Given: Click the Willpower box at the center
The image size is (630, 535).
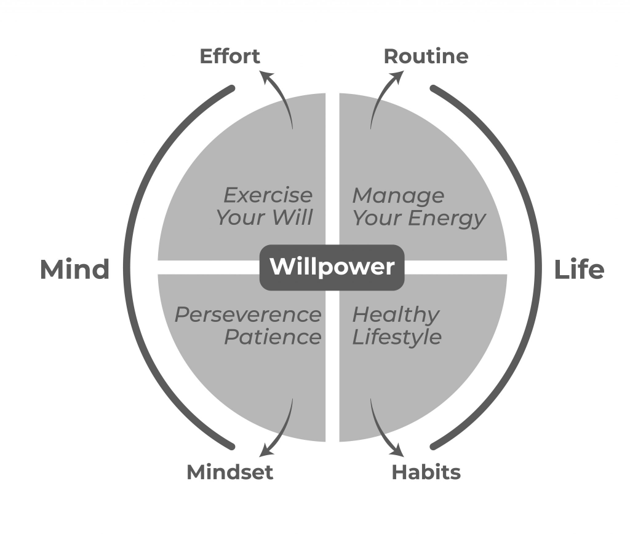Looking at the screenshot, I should pos(332,267).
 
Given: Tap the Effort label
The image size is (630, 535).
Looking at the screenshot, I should pos(230,57).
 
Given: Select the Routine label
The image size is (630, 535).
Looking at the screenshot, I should pos(426,57).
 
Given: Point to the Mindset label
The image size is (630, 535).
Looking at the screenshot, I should pos(229,472).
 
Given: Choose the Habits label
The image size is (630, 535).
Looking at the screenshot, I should pos(426,472).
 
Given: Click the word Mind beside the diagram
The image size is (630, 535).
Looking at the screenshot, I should pos(74,270).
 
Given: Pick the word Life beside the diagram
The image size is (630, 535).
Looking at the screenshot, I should pos(579,270).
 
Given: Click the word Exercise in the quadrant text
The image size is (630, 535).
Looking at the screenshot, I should pos(268,195).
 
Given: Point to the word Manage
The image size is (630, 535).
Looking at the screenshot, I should pos(398,195).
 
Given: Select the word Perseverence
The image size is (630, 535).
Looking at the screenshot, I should pos(248,315).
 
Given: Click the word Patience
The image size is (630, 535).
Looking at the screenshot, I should pos(273,337).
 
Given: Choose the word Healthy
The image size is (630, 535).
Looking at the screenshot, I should pos(396,315).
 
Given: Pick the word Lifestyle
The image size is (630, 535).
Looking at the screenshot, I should pos(397,337).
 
